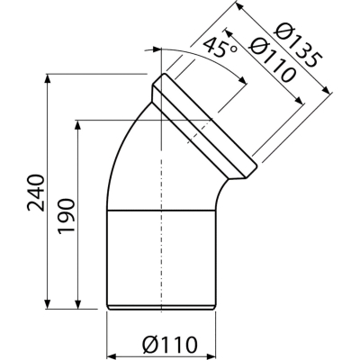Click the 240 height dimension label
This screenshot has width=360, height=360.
tap(36, 193)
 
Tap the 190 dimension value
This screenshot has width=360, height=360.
tap(66, 216)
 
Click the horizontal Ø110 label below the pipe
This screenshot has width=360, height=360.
tap(170, 345)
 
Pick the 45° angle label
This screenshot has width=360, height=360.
tap(220, 48)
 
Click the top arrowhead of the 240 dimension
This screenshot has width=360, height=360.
tap(48, 78)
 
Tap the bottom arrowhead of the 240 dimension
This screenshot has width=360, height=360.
tap(48, 303)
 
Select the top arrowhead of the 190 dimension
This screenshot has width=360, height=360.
tap(77, 125)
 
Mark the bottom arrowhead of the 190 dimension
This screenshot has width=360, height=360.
tap(77, 303)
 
